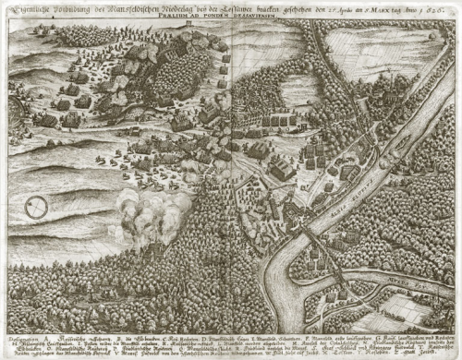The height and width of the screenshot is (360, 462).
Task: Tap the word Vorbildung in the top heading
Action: pos(74,8)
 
